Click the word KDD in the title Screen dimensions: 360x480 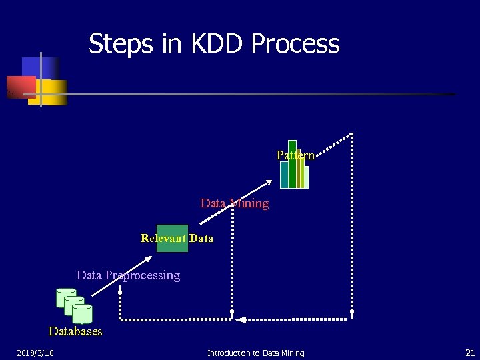pos(208,44)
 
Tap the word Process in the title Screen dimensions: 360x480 pos(295,44)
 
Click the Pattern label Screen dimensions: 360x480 pos(295,155)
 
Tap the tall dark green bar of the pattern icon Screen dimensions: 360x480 pos(292,163)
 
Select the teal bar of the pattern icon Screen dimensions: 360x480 pos(285,175)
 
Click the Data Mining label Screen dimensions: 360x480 pos(235,203)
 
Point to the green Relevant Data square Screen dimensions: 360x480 pos(172,238)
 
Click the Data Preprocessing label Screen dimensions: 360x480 pos(128,275)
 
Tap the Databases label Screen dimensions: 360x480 pos(75,331)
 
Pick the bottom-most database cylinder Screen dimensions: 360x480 pos(82,313)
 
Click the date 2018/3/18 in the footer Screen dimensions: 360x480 pos(35,353)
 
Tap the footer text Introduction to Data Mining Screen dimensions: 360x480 pos(255,353)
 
